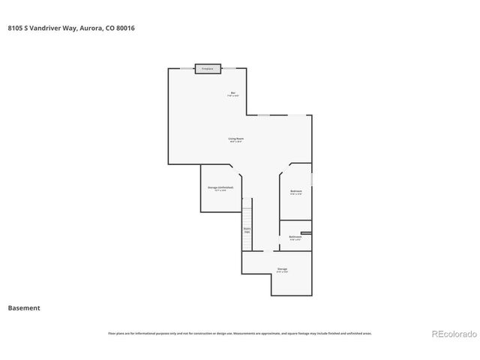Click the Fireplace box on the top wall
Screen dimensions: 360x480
click(208, 69)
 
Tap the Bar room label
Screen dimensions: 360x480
click(233, 94)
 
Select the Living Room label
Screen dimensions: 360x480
click(236, 139)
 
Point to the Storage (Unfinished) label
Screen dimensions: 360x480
click(220, 188)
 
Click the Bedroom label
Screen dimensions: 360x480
click(296, 192)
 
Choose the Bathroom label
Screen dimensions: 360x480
click(295, 237)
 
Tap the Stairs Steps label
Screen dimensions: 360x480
click(247, 230)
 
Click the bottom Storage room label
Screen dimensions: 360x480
click(282, 269)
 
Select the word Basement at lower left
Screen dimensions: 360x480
click(24, 307)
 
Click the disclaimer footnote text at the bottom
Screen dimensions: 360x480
click(239, 333)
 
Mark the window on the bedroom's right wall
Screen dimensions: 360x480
click(312, 183)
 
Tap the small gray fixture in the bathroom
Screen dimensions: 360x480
click(305, 232)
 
